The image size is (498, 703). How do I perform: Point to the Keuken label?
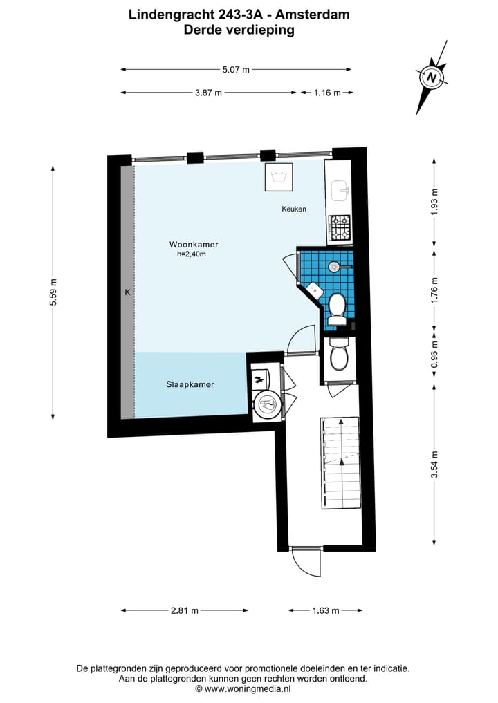[x=293, y=209]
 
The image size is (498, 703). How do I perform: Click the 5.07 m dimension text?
[x=235, y=69]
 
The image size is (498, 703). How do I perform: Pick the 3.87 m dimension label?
[x=208, y=93]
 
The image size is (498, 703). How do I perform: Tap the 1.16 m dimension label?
[x=327, y=93]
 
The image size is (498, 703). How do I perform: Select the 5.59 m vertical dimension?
[x=53, y=292]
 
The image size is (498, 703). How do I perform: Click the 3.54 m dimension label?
[x=434, y=464]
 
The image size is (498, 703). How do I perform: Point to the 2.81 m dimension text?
[x=185, y=610]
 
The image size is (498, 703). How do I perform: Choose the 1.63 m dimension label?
[x=325, y=610]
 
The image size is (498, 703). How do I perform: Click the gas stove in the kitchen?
[x=340, y=228]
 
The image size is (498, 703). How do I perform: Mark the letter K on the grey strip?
[x=127, y=292]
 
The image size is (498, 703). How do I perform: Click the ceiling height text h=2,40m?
[x=192, y=254]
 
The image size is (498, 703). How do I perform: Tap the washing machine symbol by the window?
[x=279, y=178]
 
